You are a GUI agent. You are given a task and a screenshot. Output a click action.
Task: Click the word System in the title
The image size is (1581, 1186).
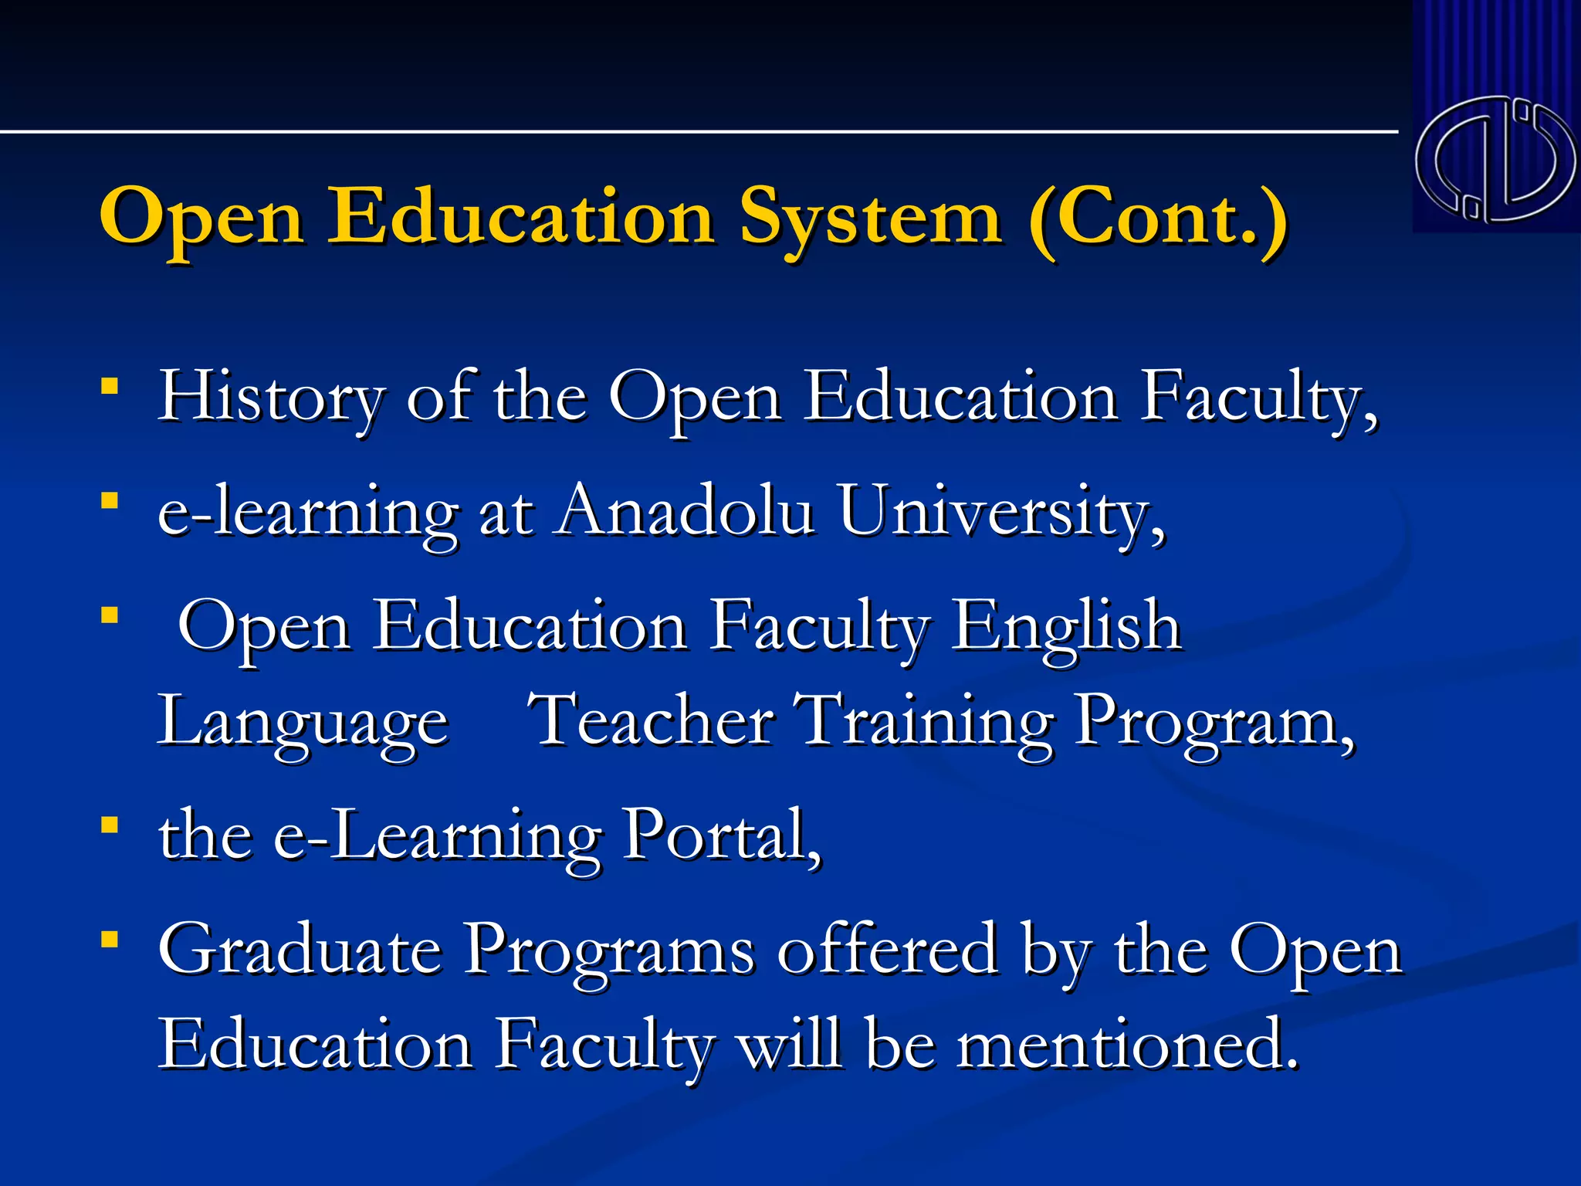870,219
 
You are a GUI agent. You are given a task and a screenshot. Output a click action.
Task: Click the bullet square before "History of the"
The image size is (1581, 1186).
110,385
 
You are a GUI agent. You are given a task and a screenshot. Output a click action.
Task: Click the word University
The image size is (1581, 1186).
1000,513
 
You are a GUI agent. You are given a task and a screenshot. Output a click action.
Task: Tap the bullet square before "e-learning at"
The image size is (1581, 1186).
110,502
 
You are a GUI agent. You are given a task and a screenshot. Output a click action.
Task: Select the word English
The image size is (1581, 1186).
1065,627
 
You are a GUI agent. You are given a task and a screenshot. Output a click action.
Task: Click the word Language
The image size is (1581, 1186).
303,723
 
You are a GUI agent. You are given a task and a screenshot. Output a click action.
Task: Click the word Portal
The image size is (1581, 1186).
721,835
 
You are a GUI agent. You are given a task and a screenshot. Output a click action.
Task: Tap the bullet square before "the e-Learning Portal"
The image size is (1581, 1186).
110,825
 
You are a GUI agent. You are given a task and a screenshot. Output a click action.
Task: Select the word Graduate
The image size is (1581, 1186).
300,951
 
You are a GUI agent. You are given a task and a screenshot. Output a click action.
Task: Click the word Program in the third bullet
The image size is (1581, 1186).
1212,723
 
